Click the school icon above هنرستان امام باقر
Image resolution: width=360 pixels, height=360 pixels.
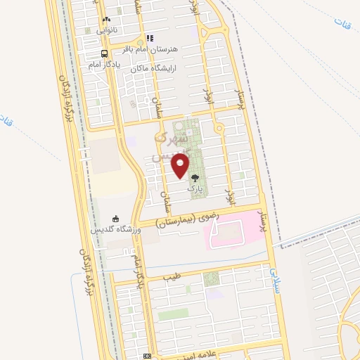tap(148, 38)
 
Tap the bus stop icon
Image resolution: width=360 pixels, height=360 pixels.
tap(105, 53)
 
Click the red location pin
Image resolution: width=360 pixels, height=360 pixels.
tap(181, 167)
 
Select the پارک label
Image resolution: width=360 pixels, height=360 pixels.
tap(195, 189)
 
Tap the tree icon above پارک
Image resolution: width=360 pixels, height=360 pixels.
tap(195, 179)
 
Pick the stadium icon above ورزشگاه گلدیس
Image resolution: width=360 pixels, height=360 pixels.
tap(115, 219)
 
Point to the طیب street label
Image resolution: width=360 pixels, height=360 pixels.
tap(172, 276)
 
